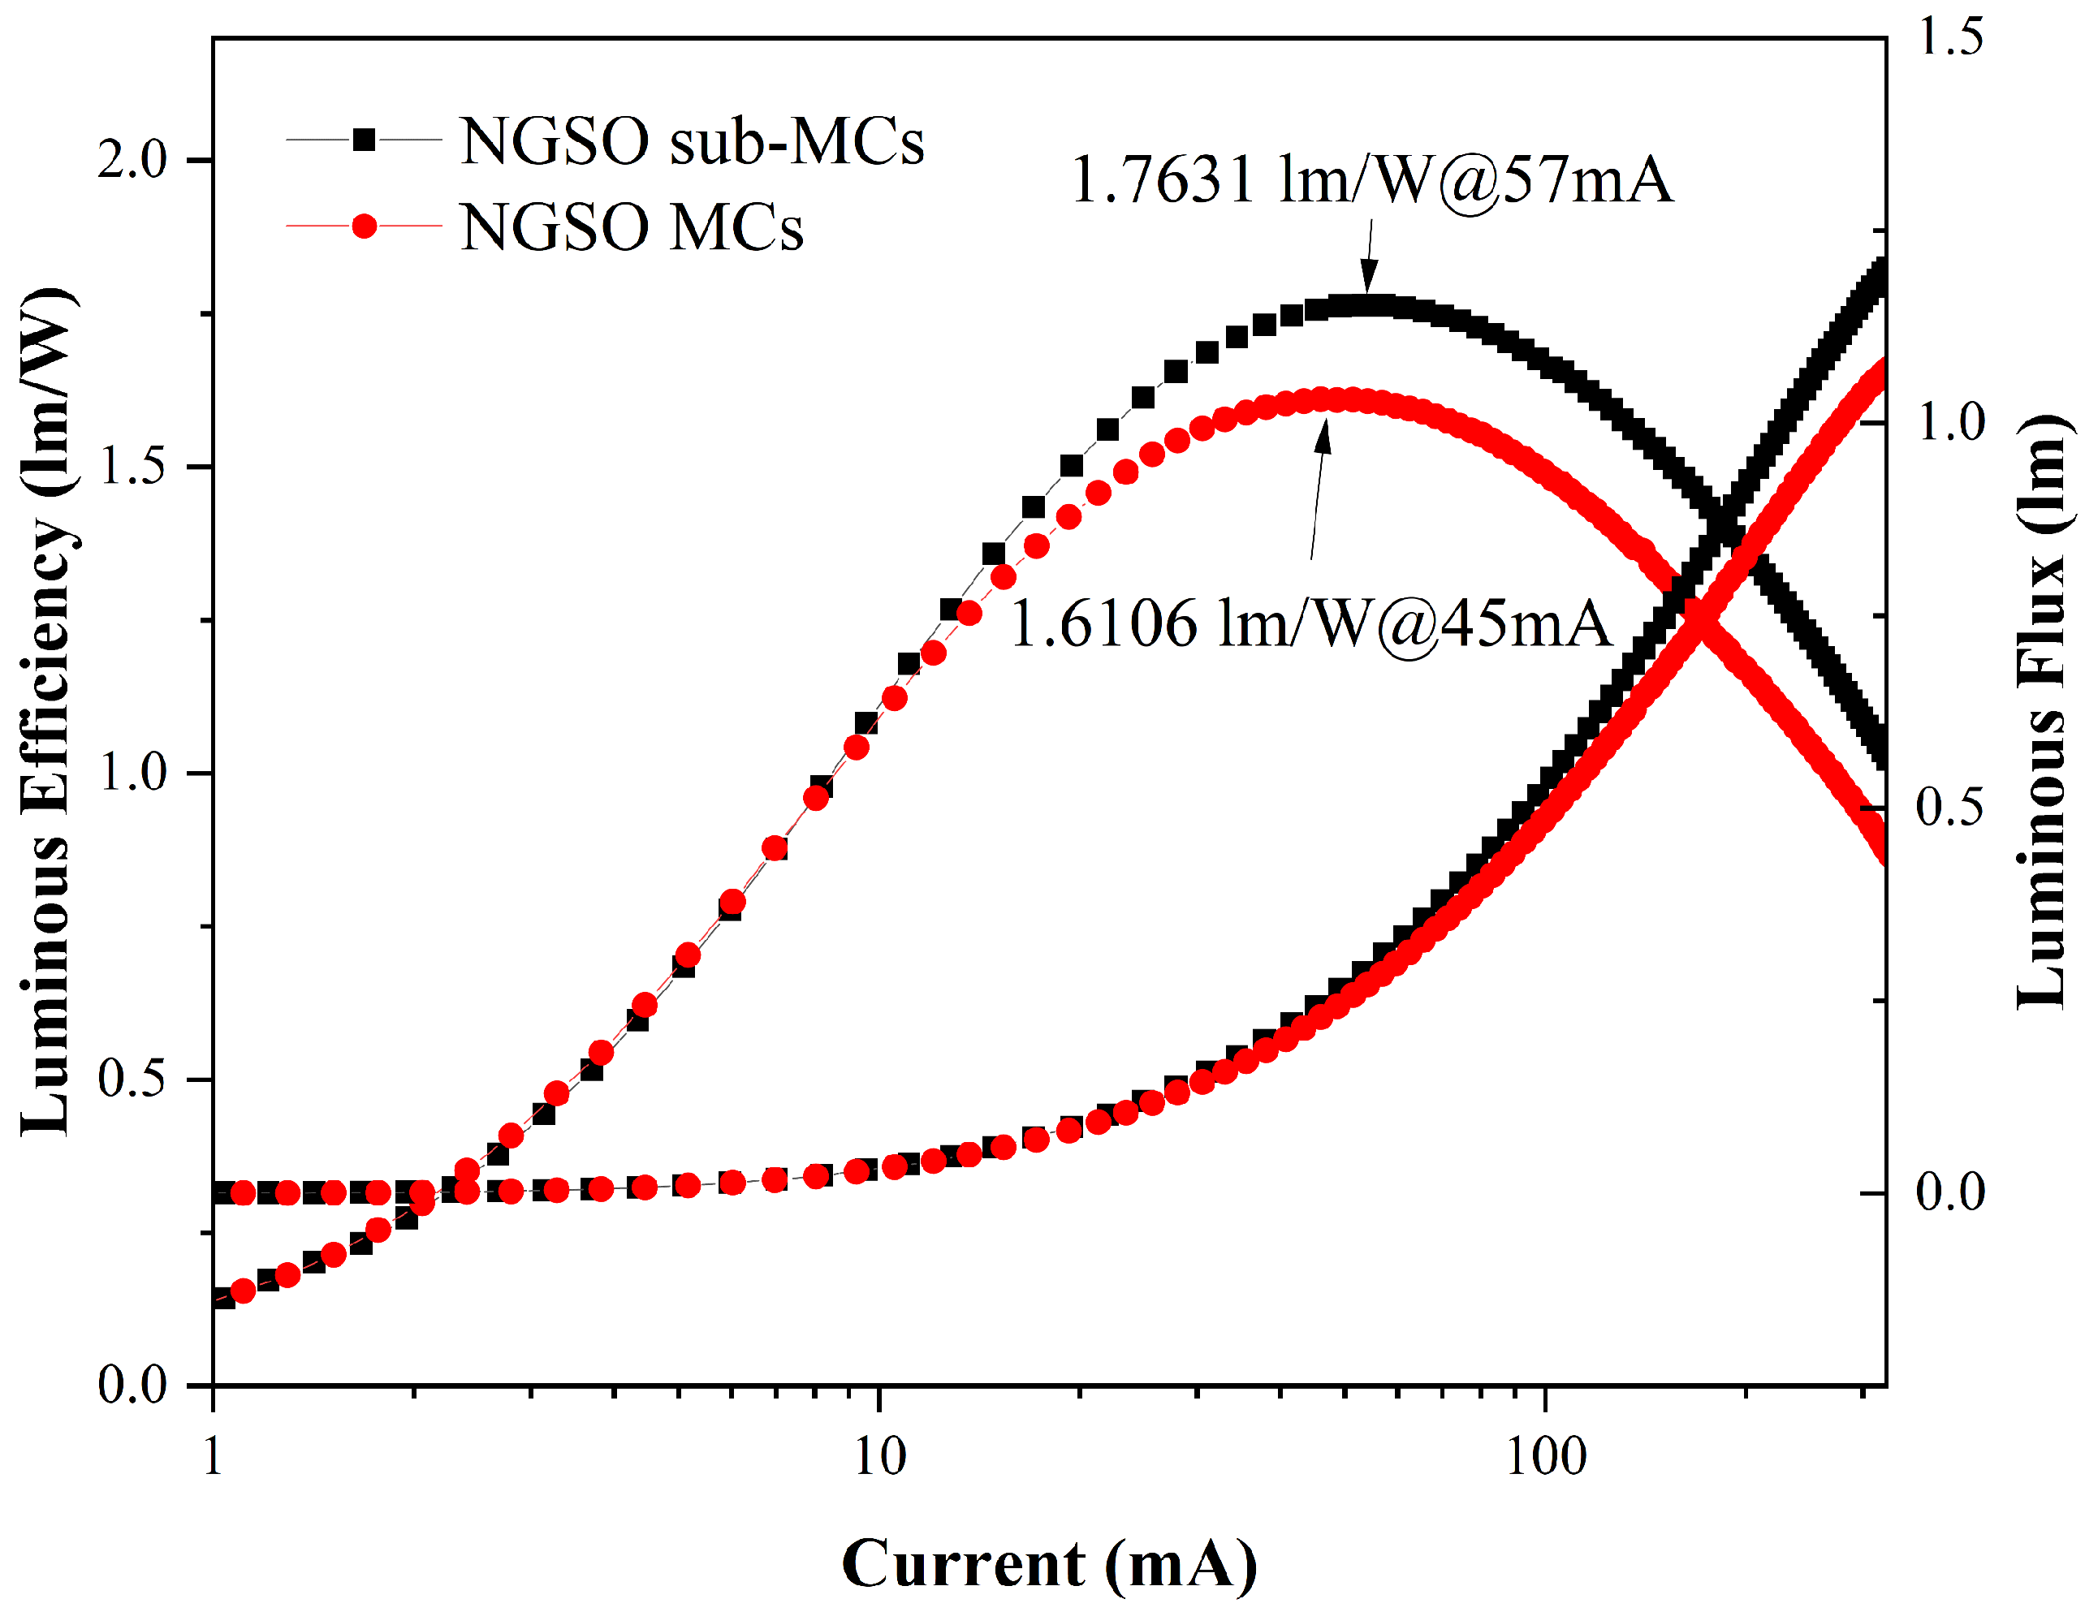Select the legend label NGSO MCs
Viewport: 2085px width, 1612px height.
(632, 228)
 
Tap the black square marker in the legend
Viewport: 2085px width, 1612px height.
(364, 140)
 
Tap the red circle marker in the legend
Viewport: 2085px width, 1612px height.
(364, 226)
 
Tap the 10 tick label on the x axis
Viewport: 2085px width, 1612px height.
(878, 1458)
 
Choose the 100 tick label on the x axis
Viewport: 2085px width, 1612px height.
(1546, 1458)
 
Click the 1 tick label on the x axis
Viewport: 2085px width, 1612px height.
(213, 1458)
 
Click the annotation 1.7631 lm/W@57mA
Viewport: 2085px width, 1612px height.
(1372, 179)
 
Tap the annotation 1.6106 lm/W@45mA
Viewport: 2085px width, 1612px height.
(1310, 625)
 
